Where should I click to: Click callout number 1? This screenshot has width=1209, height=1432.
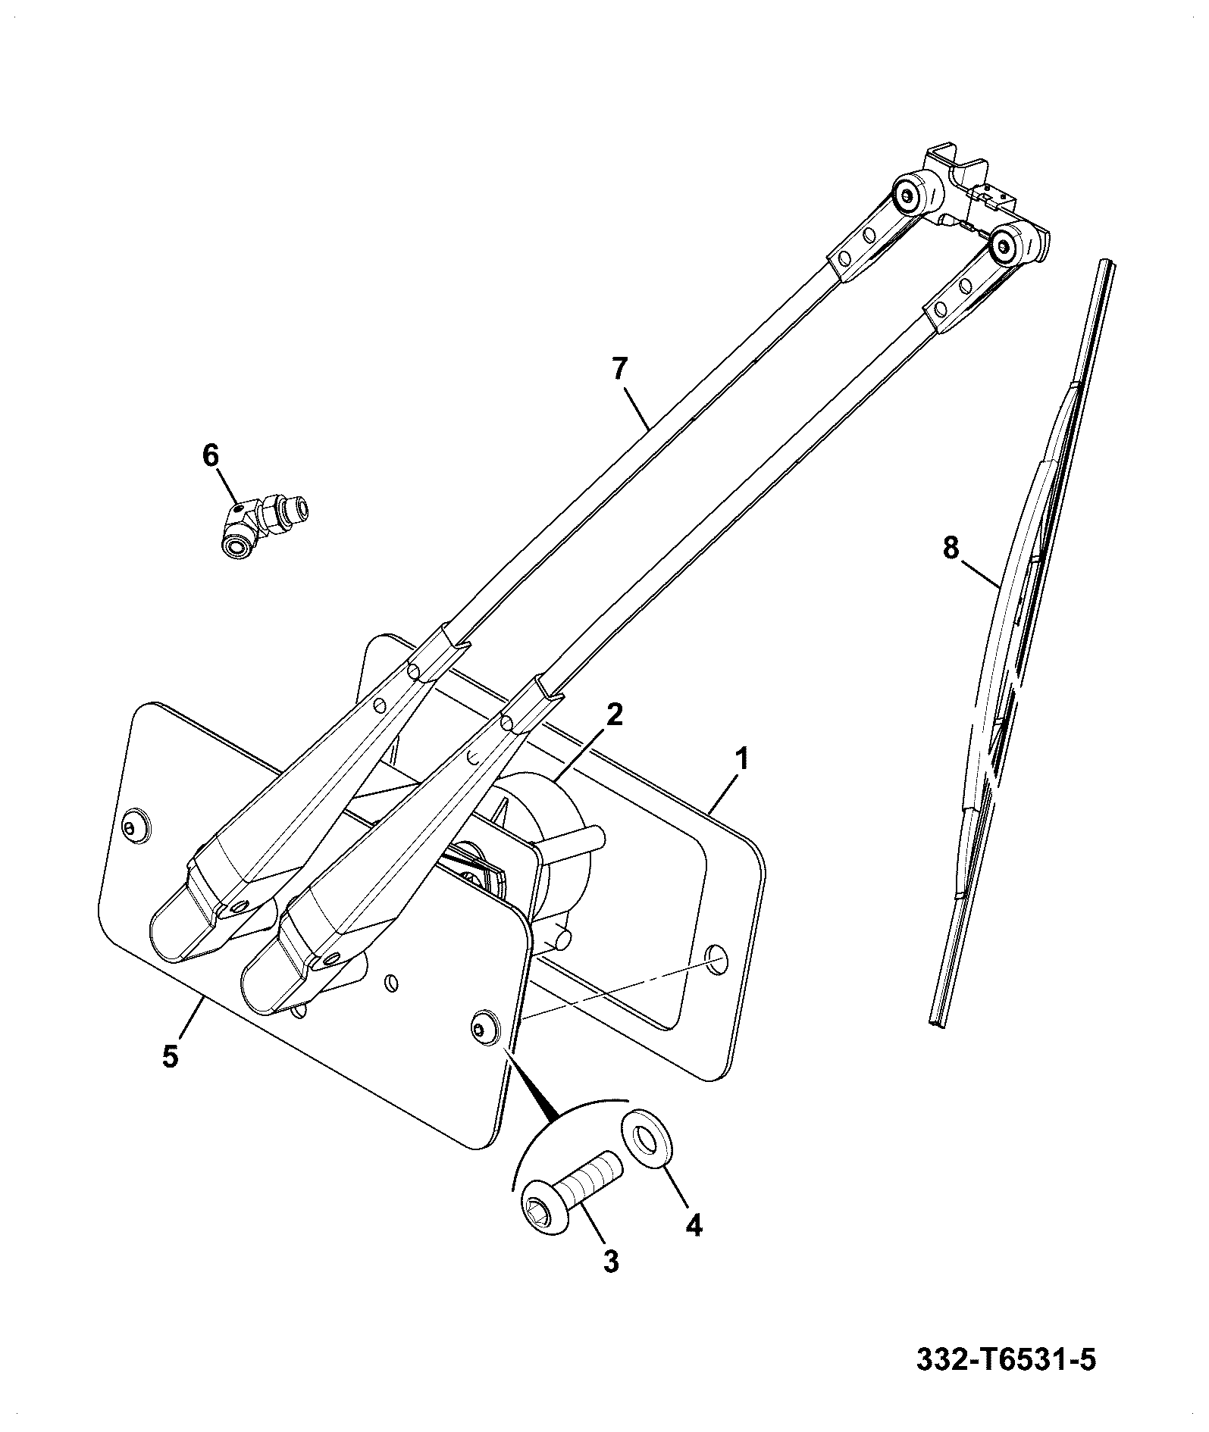pyautogui.click(x=743, y=758)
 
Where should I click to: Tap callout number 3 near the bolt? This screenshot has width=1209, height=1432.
pyautogui.click(x=611, y=1262)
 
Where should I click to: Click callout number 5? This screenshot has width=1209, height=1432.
pyautogui.click(x=171, y=1055)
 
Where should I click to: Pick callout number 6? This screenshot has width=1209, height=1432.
pyautogui.click(x=210, y=455)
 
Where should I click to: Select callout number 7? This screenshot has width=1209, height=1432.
pyautogui.click(x=620, y=369)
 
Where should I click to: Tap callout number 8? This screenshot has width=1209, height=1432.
pyautogui.click(x=951, y=547)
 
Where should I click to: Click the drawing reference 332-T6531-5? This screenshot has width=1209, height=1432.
pyautogui.click(x=1007, y=1359)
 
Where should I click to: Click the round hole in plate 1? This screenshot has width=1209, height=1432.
pyautogui.click(x=715, y=958)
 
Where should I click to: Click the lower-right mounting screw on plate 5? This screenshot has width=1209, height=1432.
pyautogui.click(x=481, y=1027)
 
